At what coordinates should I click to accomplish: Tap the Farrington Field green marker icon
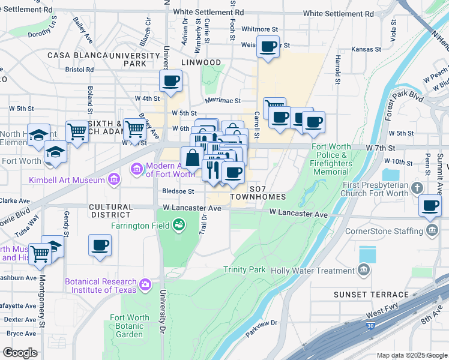pos(178,226)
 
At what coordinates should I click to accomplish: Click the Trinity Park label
pos(244,270)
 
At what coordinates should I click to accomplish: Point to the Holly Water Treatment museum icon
pos(363,271)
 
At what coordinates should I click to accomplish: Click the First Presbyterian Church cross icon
pos(417,189)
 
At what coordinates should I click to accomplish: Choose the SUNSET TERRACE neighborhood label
pos(372,294)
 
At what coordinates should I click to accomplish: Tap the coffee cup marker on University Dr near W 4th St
pos(170,80)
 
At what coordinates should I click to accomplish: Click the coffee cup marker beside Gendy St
pos(100,245)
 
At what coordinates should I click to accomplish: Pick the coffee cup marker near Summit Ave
pos(430,205)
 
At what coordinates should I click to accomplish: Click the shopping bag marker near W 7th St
pos(192,160)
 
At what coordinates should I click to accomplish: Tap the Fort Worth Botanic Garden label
pos(130,326)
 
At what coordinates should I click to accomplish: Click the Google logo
pos(20,353)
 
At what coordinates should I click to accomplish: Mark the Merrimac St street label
pos(222,101)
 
